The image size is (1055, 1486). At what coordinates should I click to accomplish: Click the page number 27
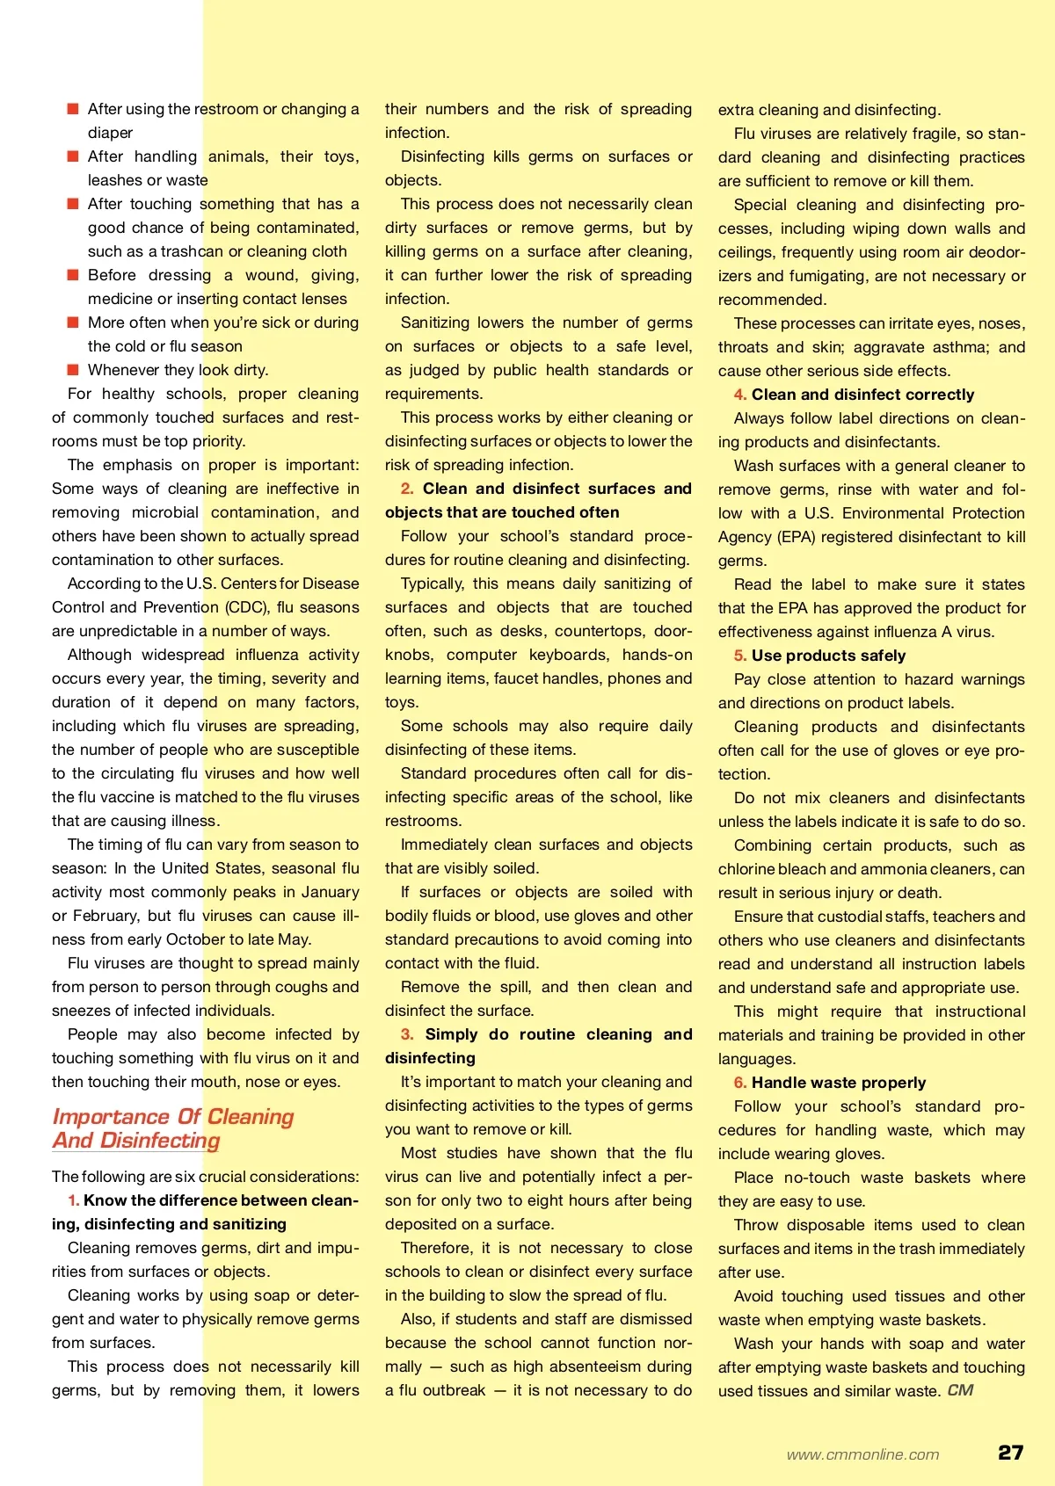(x=1010, y=1452)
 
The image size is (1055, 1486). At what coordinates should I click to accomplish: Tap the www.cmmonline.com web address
(x=862, y=1454)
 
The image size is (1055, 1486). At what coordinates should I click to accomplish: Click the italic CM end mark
(x=960, y=1390)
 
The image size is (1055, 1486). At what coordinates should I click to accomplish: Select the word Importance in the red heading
(x=111, y=1116)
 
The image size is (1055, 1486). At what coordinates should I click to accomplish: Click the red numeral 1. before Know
(x=74, y=1200)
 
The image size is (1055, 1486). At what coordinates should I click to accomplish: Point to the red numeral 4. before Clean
(x=740, y=395)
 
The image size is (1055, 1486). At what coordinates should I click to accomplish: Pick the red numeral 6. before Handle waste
(x=740, y=1083)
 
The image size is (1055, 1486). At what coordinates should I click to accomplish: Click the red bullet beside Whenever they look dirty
(x=73, y=370)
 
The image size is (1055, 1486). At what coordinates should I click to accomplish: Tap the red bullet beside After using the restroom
(x=73, y=109)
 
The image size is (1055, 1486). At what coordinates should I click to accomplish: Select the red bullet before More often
(x=73, y=323)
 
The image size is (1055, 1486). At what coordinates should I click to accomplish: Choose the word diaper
(x=110, y=133)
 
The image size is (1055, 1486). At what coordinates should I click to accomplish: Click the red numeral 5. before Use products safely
(x=740, y=656)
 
